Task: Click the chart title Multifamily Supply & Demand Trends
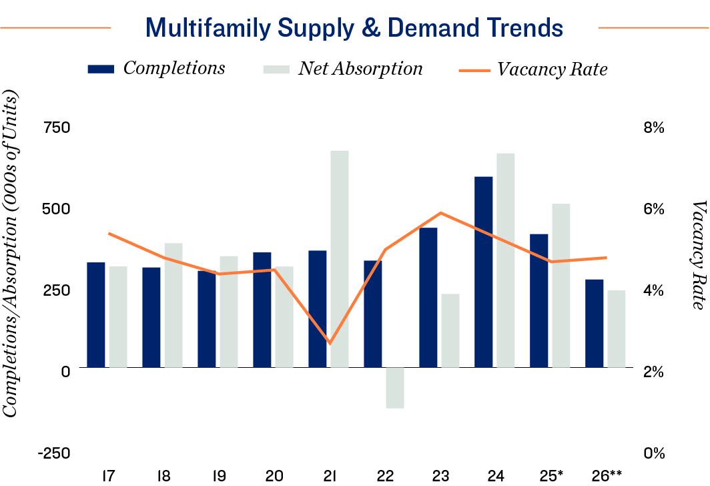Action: tap(354, 28)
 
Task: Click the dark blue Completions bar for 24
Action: tap(483, 272)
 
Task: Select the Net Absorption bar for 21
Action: tap(340, 259)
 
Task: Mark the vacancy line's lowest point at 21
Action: tap(330, 343)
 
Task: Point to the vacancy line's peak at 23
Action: tap(440, 213)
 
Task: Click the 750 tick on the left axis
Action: tap(56, 128)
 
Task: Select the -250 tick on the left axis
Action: tap(54, 453)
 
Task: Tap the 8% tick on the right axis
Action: tap(654, 128)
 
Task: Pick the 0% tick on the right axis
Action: tap(654, 453)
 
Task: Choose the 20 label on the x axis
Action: tap(274, 475)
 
